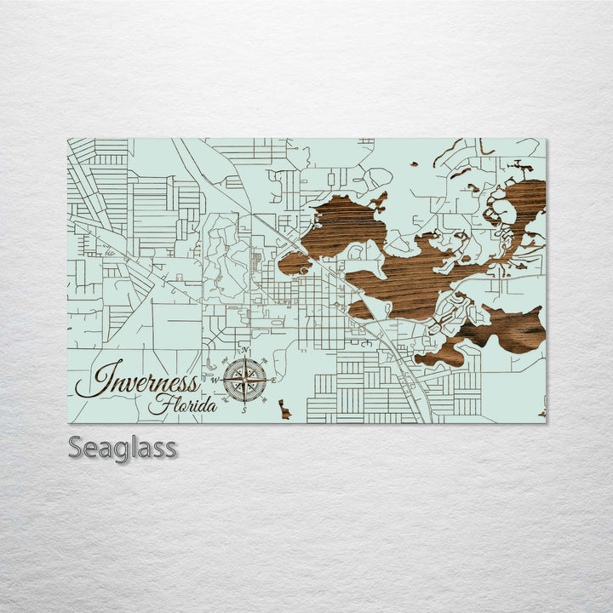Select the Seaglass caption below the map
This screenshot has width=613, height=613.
coord(123,447)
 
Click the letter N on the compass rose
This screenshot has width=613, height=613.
coord(245,351)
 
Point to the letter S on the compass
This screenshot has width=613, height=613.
coord(244,410)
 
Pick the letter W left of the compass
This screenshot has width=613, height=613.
coord(215,380)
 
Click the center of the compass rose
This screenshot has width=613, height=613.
coord(245,381)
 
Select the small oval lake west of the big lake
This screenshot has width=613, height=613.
coord(293,263)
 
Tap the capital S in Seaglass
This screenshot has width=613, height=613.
coord(77,447)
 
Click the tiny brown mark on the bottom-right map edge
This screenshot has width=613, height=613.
coord(542,414)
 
